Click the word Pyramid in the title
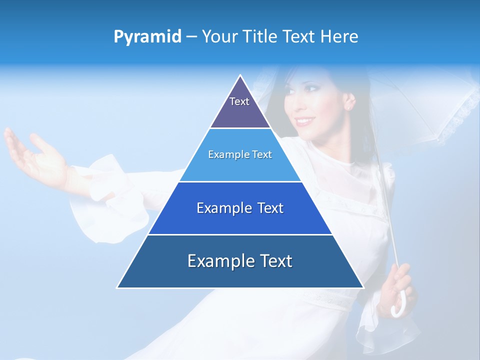(147, 37)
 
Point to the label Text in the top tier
(239, 101)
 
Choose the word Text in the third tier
(270, 208)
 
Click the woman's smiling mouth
(304, 121)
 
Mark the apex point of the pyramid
(240, 75)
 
